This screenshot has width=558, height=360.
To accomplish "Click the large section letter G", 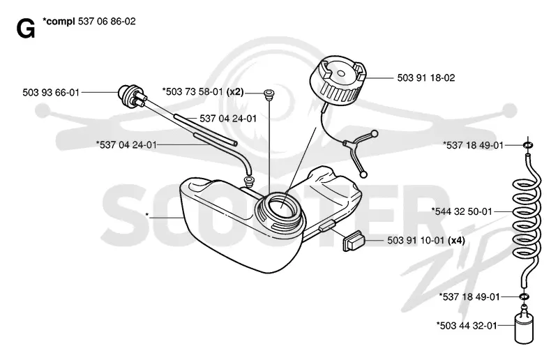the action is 26,29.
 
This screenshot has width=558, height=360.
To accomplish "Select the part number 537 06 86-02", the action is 107,22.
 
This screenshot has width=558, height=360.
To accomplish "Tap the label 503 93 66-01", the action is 51,93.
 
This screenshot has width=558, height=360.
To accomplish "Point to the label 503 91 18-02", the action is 426,77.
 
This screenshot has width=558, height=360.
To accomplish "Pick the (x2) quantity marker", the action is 235,92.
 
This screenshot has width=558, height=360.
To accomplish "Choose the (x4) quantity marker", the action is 456,241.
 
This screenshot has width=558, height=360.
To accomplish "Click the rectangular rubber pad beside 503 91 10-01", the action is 353,242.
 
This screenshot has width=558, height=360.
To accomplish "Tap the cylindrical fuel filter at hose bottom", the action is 525,327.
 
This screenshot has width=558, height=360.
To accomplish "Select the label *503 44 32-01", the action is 467,325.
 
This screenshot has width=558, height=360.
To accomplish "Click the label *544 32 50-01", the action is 462,211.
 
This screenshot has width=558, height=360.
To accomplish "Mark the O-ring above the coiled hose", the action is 528,145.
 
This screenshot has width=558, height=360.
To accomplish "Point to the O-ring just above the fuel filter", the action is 524,297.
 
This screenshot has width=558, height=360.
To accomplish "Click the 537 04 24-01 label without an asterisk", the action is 228,119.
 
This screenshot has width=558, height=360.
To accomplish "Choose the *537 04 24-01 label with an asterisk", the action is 126,145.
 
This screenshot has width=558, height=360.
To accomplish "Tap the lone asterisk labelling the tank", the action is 147,215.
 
